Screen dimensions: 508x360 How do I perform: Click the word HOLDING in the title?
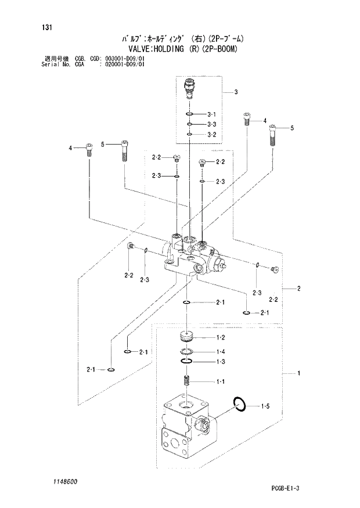point(168,49)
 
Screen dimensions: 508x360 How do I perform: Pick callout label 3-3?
point(211,124)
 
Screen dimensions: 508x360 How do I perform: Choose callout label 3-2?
point(211,135)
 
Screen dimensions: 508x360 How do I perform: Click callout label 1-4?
point(221,352)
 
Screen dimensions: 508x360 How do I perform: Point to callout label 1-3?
point(221,362)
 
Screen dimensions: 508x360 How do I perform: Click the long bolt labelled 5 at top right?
point(273,136)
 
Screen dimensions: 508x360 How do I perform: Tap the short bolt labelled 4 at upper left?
point(89,149)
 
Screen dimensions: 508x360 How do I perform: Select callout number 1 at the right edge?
point(298,374)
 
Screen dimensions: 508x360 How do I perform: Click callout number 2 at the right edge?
point(298,289)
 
